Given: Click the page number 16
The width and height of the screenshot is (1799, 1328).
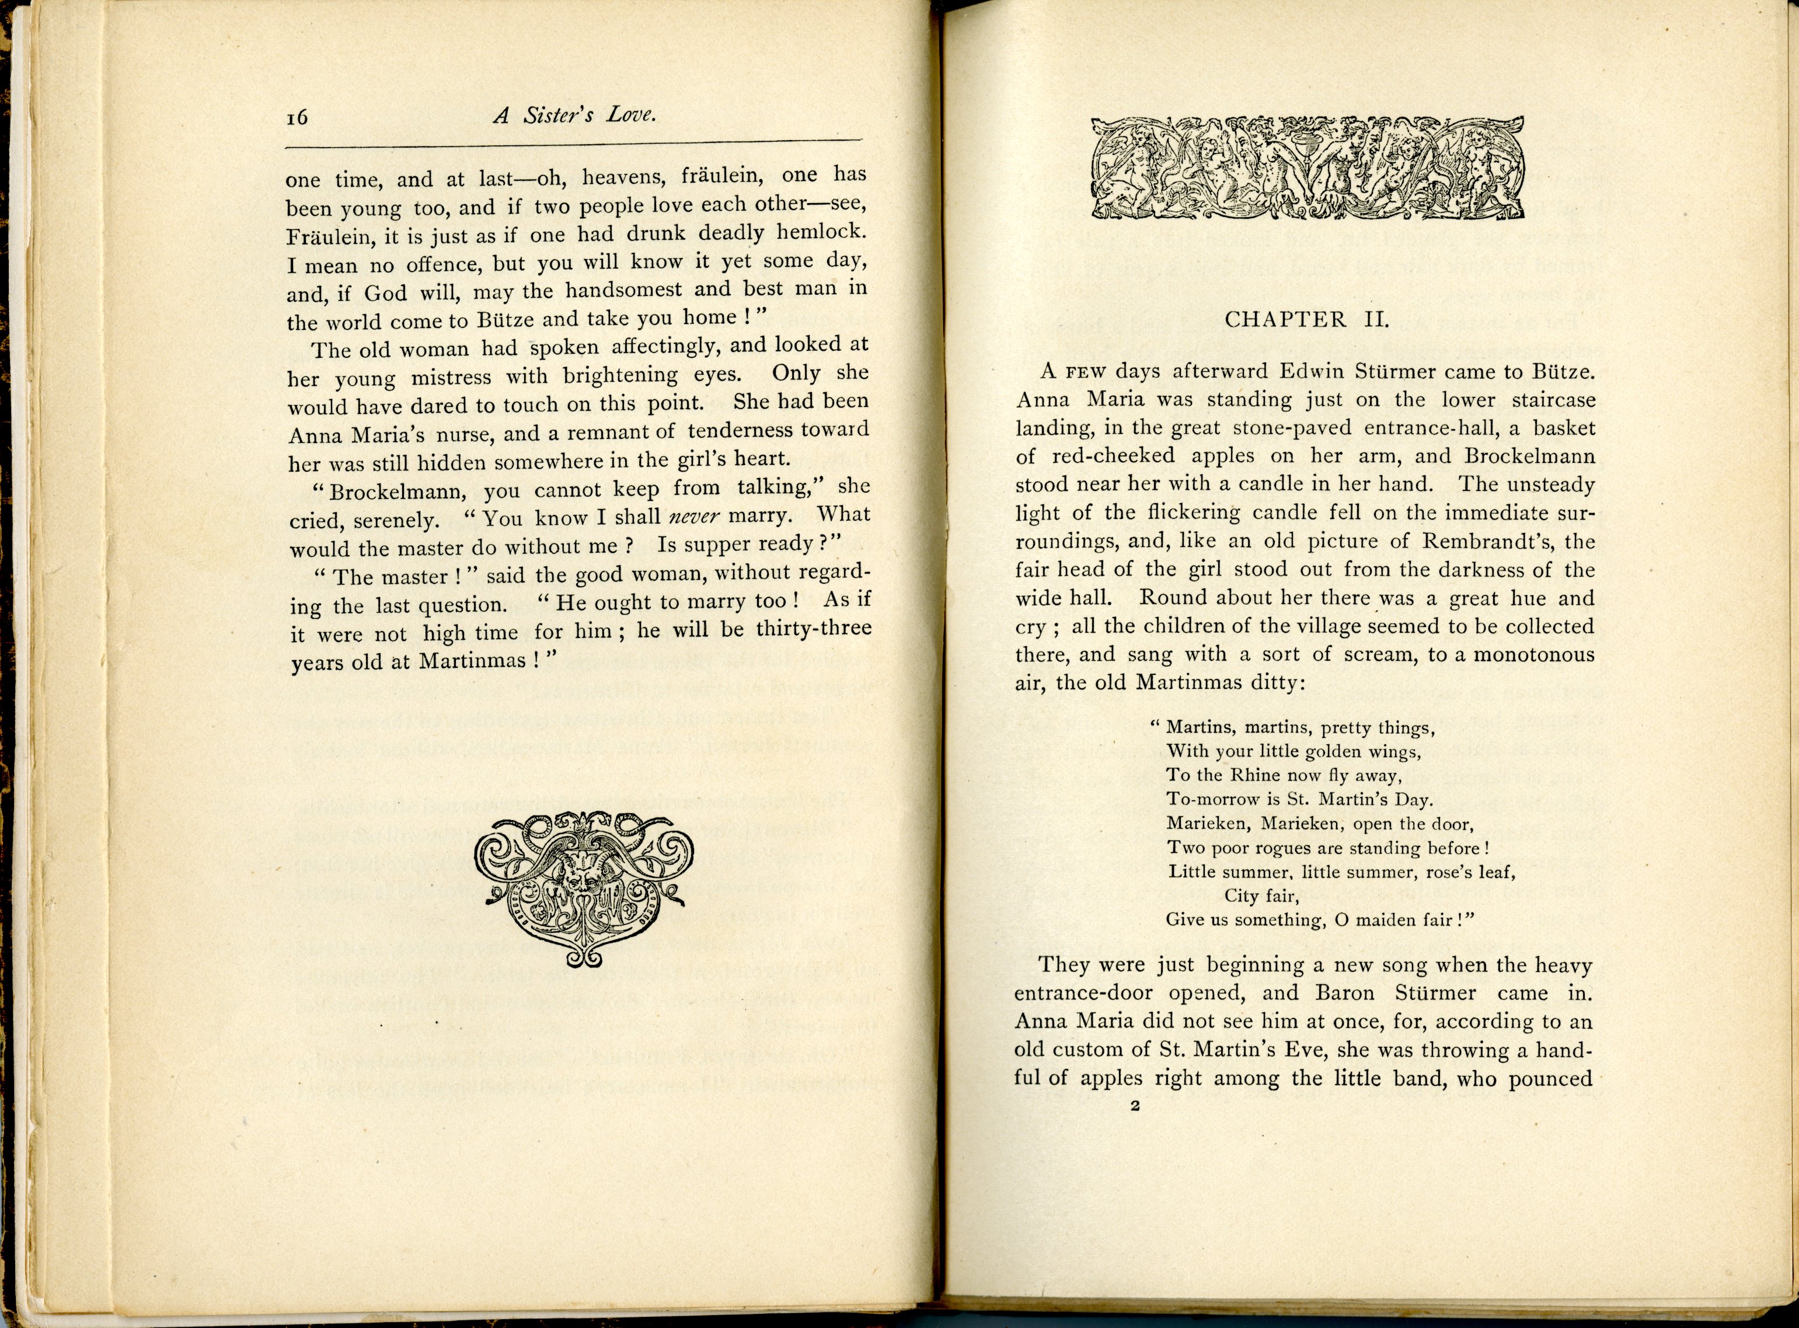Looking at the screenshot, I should (297, 117).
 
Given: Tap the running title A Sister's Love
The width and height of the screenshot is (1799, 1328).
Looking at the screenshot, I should (575, 116).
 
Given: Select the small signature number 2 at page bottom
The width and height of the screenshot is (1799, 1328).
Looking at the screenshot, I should (1135, 1106).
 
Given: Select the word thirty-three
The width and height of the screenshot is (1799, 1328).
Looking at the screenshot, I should (814, 629).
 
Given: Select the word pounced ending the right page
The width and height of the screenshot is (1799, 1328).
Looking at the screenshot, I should (1550, 1079).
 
